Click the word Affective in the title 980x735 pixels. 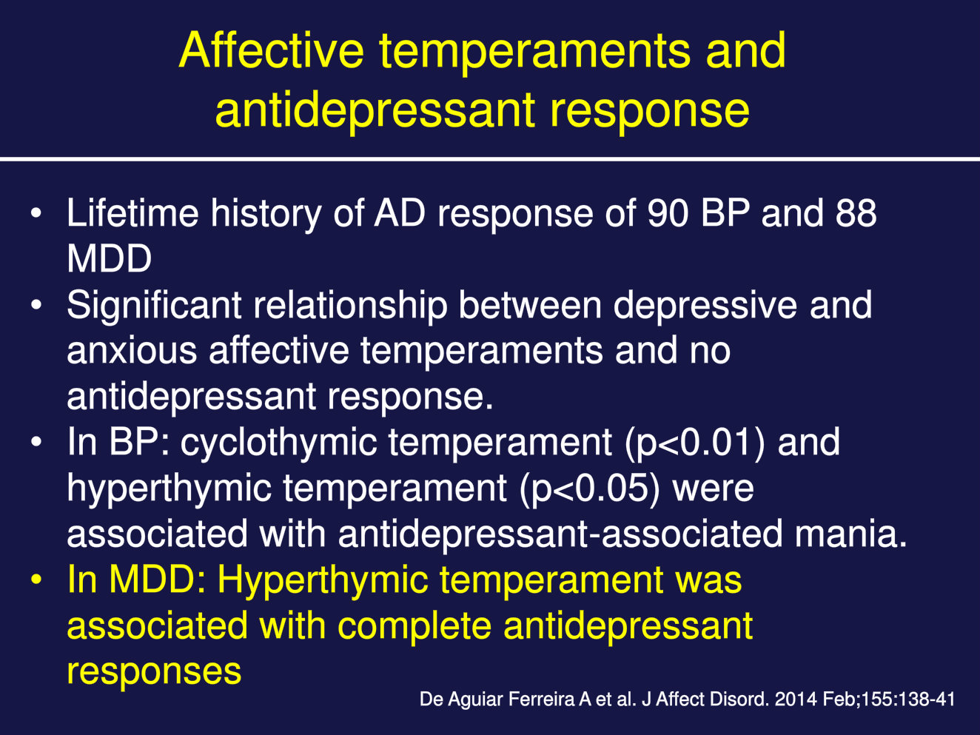[x=272, y=50]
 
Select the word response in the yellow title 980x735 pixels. [x=650, y=112]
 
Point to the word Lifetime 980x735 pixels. [x=132, y=213]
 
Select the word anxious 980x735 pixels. [x=132, y=351]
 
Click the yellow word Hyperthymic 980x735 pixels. [x=323, y=581]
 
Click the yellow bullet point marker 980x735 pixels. [x=36, y=580]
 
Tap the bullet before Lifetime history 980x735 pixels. [x=36, y=213]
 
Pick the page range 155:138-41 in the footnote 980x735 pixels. [x=908, y=699]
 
